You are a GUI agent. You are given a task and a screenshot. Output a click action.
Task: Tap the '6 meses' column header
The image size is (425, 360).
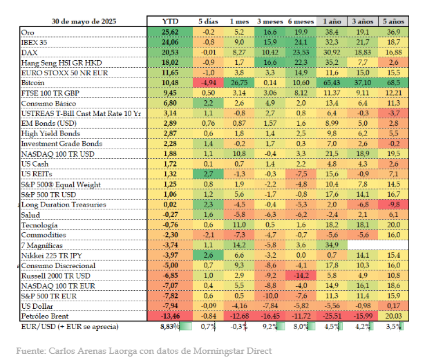(x=299, y=22)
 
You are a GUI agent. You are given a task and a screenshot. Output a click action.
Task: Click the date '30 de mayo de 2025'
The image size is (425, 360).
(x=84, y=22)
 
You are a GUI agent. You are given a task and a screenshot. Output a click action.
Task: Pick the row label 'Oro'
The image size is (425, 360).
(x=28, y=32)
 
